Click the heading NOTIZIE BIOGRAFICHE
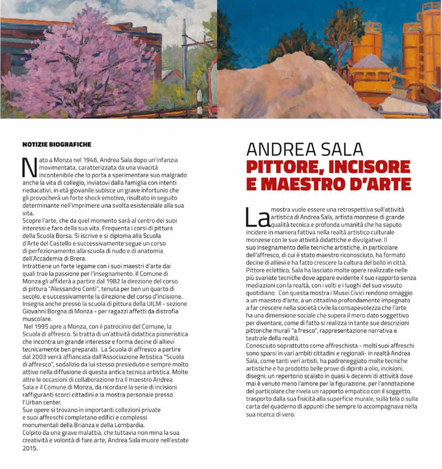click(56, 144)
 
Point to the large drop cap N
click(28, 166)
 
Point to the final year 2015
click(30, 449)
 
